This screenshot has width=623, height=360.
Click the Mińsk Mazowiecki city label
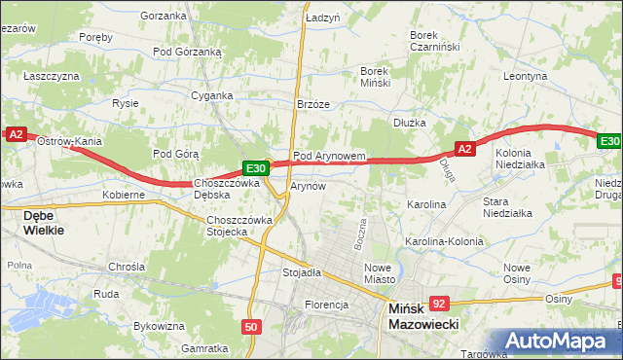click(x=423, y=316)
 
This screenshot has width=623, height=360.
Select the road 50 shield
click(x=251, y=327)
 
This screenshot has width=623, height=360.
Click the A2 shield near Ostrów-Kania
click(x=15, y=135)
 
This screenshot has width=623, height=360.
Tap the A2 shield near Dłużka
click(x=464, y=149)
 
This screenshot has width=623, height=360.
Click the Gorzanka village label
click(x=163, y=16)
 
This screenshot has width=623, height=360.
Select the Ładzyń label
click(x=322, y=18)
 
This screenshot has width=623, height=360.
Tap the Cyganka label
click(x=211, y=95)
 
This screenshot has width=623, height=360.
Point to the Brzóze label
click(x=313, y=104)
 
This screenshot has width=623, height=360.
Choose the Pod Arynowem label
click(x=329, y=155)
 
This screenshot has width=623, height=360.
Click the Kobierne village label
click(x=124, y=195)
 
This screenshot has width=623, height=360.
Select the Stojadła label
click(x=302, y=272)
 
